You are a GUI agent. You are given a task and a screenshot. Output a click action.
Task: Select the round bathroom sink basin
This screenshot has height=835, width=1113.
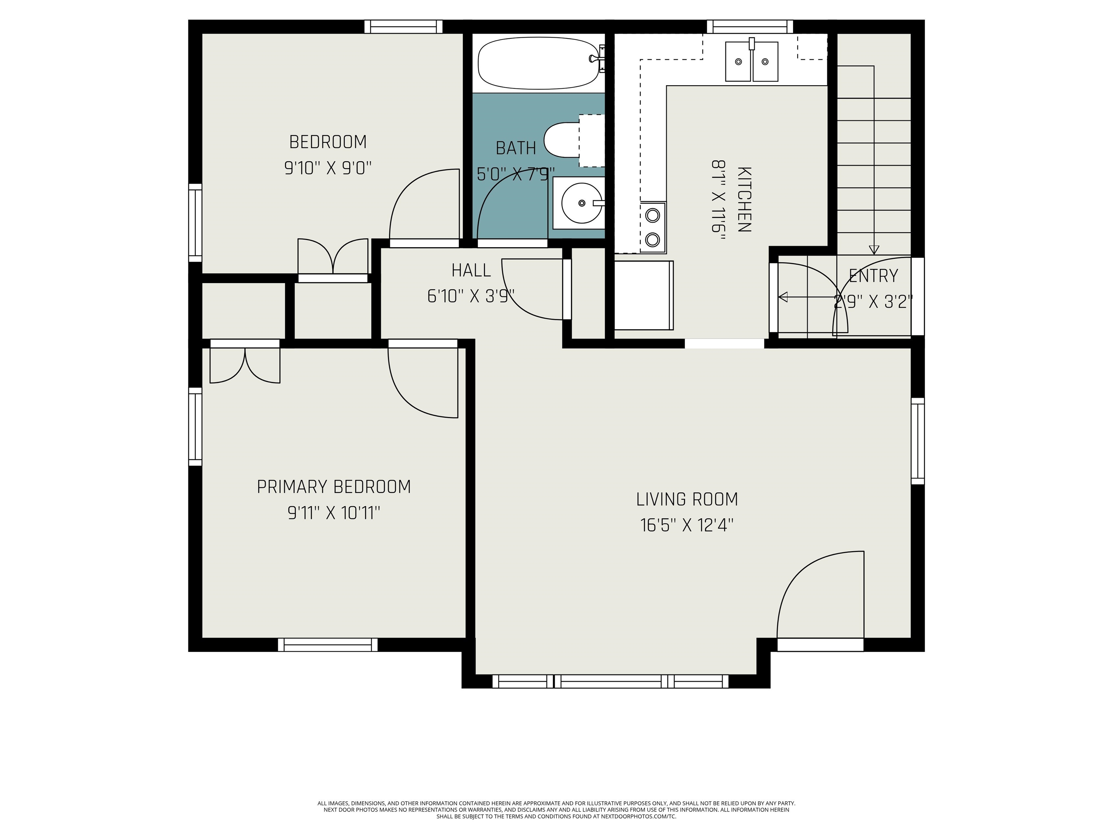coord(581,203)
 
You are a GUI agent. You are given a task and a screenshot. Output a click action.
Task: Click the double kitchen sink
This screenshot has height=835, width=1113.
coord(751,61)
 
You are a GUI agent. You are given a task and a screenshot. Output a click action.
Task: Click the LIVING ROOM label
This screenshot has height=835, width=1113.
coord(687,500)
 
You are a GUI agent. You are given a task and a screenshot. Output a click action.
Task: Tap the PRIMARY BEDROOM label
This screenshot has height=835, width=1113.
coord(334,487)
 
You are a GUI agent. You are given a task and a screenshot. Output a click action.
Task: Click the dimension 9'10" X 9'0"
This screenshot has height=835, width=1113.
coord(328,168)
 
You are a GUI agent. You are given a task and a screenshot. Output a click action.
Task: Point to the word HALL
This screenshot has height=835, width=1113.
coord(471,271)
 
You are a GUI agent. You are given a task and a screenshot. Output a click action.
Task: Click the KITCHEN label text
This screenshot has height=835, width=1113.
coord(744,199)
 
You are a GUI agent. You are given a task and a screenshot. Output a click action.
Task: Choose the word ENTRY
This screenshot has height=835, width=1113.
coord(873,276)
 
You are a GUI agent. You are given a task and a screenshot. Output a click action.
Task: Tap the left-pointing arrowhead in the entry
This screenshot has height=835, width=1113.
coord(783,298)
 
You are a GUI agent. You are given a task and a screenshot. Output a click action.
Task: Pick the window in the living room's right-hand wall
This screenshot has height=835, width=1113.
coord(918,441)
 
